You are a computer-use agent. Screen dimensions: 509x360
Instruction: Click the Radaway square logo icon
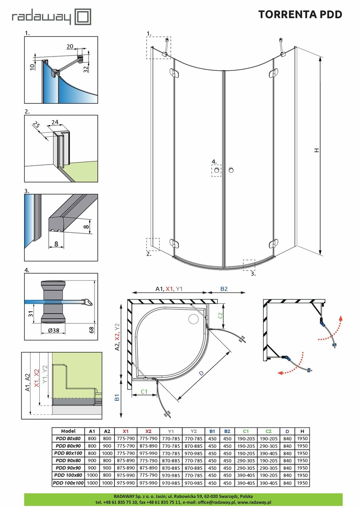pyautogui.click(x=83, y=17)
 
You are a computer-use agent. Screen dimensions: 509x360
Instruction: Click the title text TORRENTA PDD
pyautogui.click(x=300, y=15)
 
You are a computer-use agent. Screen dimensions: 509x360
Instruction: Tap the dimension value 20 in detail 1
pyautogui.click(x=70, y=47)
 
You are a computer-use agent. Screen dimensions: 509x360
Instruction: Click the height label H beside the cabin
pyautogui.click(x=316, y=150)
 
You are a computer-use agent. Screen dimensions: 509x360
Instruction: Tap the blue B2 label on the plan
pyautogui.click(x=225, y=289)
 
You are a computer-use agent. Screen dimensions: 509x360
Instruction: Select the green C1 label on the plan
pyautogui.click(x=143, y=392)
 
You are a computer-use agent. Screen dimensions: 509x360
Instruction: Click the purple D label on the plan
pyautogui.click(x=202, y=373)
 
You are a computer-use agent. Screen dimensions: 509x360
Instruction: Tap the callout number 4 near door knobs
pyautogui.click(x=213, y=162)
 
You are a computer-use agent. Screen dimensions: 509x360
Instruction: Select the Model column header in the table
pyautogui.click(x=68, y=431)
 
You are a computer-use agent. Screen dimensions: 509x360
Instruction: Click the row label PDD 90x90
pyautogui.click(x=68, y=468)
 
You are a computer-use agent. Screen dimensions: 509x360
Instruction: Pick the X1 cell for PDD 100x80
pyautogui.click(x=126, y=476)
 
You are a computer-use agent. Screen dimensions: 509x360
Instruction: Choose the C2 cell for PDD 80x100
pyautogui.click(x=269, y=453)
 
